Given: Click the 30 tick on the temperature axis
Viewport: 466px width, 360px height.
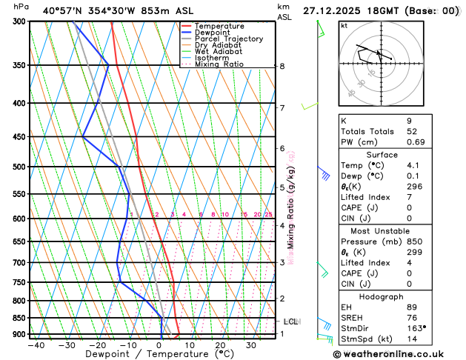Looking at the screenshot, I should (x=251, y=344).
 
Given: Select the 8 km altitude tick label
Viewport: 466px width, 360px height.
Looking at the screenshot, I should (x=282, y=66).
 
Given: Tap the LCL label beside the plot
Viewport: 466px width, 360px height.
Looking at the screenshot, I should (x=290, y=321).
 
